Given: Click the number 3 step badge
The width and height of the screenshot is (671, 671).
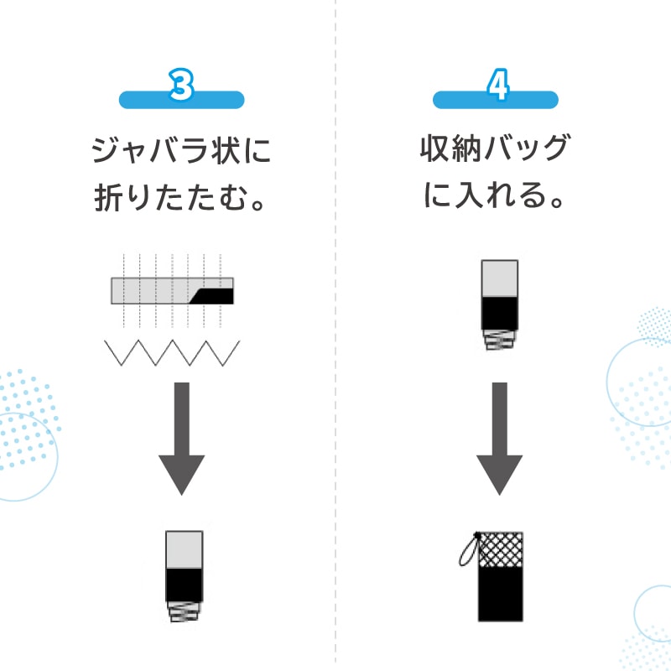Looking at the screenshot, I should [181, 88].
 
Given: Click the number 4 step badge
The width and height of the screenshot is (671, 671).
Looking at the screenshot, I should [496, 88].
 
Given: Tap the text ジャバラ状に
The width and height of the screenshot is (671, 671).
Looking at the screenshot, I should [181, 153].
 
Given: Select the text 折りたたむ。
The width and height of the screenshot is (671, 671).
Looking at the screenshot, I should [181, 200].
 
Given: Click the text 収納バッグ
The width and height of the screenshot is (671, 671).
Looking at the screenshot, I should [495, 151].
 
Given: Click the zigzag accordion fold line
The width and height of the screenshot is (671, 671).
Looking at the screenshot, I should [173, 352].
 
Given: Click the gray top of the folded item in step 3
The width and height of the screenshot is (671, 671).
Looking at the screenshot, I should [185, 549].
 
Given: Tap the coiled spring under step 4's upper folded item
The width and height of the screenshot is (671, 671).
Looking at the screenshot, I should [500, 340].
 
